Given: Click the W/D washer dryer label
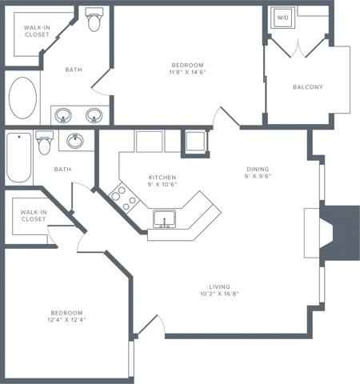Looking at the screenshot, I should (x=282, y=17).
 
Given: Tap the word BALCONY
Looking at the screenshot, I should (x=307, y=87).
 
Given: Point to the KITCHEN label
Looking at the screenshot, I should (x=162, y=178).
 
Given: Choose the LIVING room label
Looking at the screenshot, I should (x=219, y=286).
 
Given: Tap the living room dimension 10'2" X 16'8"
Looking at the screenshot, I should (x=219, y=294).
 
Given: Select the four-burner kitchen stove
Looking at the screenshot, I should (x=121, y=196).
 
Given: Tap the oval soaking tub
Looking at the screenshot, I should (x=22, y=98).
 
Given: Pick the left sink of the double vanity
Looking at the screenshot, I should (x=64, y=114).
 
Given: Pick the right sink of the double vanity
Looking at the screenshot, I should (x=95, y=114).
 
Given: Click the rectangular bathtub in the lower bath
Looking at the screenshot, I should (x=18, y=158).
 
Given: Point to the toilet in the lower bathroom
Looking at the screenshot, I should (x=44, y=144).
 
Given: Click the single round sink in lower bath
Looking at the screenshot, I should (x=76, y=142).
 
